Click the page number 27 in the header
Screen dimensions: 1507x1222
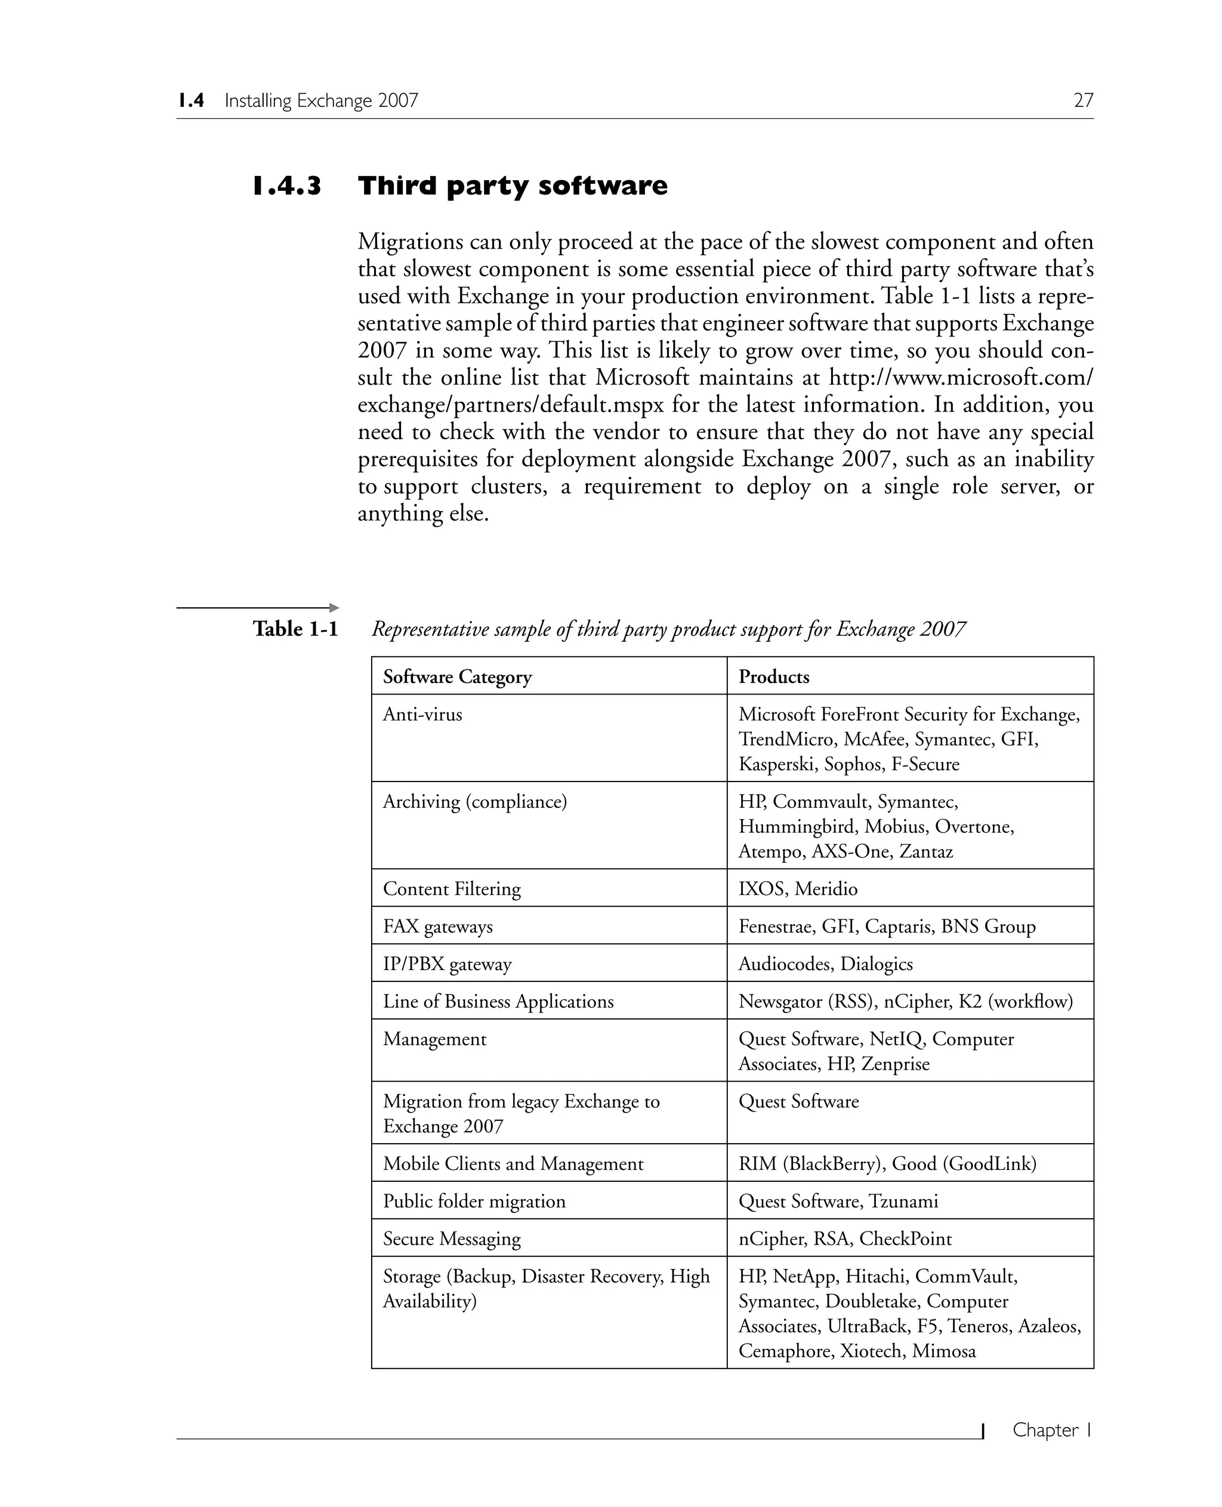[1082, 101]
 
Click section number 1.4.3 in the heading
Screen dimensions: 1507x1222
[287, 187]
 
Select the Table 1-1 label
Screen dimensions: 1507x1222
[295, 629]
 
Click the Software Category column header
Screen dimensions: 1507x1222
[457, 677]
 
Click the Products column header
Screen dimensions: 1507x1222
[774, 677]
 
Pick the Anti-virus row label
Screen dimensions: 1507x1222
[422, 715]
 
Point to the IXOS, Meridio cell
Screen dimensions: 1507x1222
[798, 888]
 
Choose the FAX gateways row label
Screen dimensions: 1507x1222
[437, 927]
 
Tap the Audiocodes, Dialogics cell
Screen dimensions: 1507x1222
[825, 964]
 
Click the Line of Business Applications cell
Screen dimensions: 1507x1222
[498, 1001]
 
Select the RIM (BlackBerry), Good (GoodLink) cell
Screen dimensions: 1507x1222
[887, 1163]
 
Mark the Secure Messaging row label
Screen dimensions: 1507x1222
[451, 1239]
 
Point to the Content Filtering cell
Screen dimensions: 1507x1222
[451, 888]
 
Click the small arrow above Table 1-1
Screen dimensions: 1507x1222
[334, 607]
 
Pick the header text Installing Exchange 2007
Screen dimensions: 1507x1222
[321, 101]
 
